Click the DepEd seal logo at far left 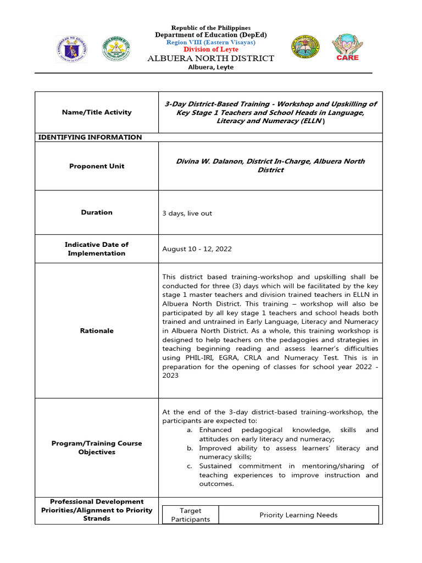(x=70, y=49)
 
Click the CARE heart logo (x=347, y=48)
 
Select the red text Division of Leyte (x=210, y=49)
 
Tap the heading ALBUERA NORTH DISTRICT (x=211, y=58)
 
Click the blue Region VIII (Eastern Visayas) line (x=210, y=42)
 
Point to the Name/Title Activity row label (x=97, y=112)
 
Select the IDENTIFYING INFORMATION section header (x=90, y=137)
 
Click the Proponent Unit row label (x=97, y=166)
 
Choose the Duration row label (x=97, y=212)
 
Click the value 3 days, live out (x=187, y=213)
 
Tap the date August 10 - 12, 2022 (x=197, y=249)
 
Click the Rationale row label (x=97, y=331)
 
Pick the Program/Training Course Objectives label (x=97, y=448)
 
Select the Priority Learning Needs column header (x=298, y=515)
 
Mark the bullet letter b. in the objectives (x=189, y=448)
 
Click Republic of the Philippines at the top (x=210, y=27)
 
